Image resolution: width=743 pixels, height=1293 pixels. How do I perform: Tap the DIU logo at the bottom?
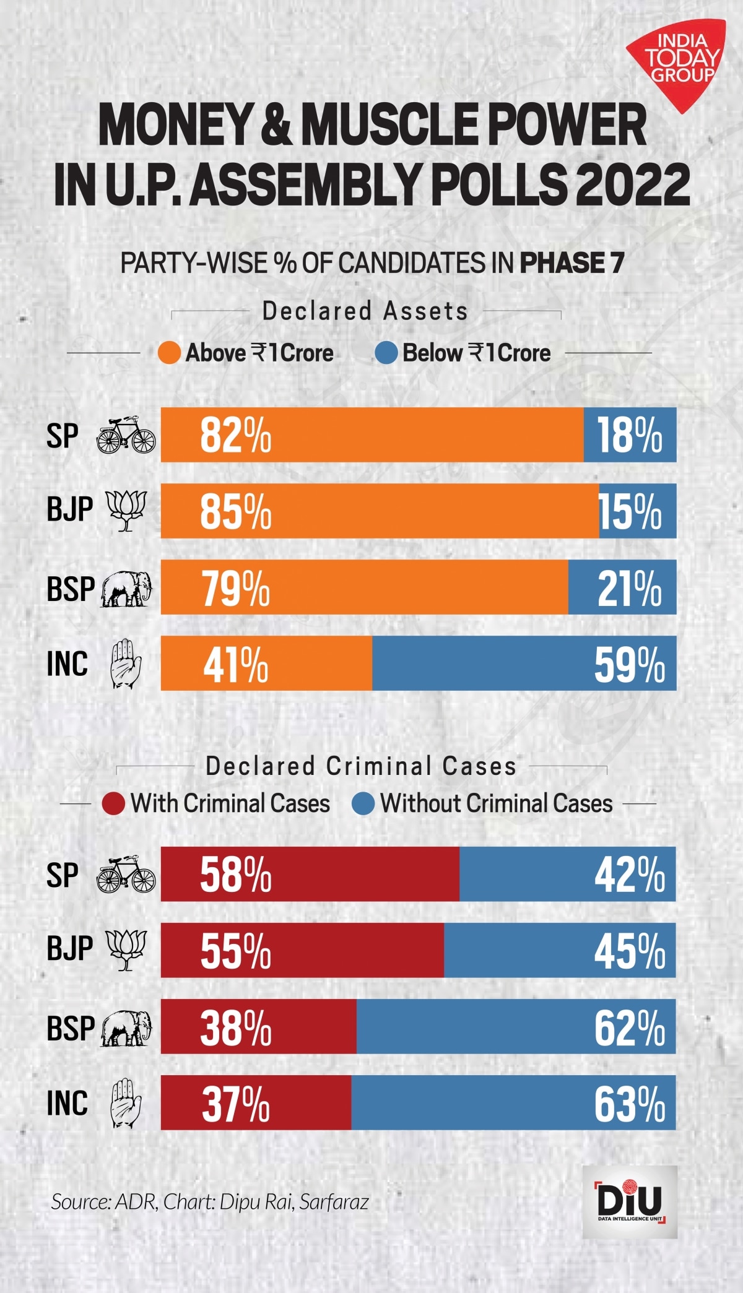[630, 1201]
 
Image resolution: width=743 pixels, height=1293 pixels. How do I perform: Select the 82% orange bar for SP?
[371, 435]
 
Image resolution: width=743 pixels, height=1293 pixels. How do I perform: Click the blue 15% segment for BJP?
[637, 511]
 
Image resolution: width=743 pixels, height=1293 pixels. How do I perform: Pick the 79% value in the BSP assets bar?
[236, 588]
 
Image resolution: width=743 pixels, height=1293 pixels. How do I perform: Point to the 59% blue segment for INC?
[524, 664]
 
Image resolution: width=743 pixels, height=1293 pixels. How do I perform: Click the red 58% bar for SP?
[310, 874]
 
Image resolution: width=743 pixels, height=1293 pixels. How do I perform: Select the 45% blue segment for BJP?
[559, 950]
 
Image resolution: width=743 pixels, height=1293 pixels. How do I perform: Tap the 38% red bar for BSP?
[258, 1026]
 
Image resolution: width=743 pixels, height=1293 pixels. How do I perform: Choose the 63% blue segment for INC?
[513, 1102]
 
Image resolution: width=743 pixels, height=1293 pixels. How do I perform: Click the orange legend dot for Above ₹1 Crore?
[169, 353]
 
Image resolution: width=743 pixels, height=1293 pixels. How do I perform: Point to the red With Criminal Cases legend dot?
[113, 803]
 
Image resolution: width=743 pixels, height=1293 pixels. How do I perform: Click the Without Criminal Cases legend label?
[496, 803]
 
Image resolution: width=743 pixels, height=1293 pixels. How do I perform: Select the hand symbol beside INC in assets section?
[126, 664]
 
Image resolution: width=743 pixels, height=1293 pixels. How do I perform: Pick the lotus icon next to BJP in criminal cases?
[126, 949]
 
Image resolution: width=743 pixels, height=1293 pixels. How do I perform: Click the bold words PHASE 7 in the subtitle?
[571, 263]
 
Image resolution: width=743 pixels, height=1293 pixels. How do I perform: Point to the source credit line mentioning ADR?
[210, 1201]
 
